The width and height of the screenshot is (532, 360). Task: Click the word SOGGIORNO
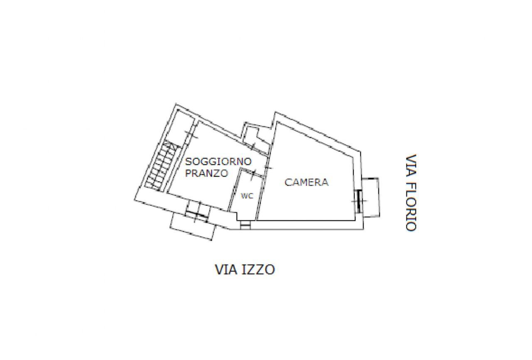pos(218,161)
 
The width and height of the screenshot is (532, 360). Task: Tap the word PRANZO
pos(207,174)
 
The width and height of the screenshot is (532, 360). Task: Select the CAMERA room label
pos(306,182)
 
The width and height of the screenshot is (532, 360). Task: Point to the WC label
pos(247,196)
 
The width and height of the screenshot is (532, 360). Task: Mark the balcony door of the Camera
pos(358,200)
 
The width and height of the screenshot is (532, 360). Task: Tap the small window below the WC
pos(245,225)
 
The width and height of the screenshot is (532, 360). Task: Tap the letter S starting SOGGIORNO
pos(188,161)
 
